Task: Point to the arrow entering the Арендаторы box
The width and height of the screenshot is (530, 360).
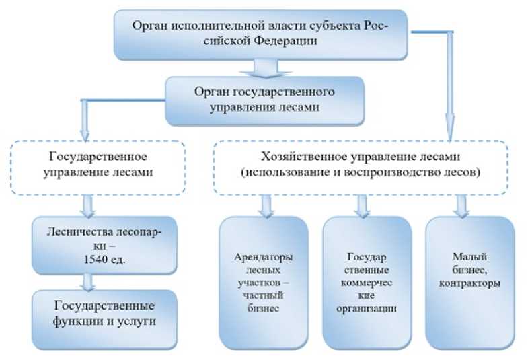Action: click(267, 205)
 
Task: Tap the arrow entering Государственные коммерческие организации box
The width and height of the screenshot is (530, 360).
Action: click(363, 205)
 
